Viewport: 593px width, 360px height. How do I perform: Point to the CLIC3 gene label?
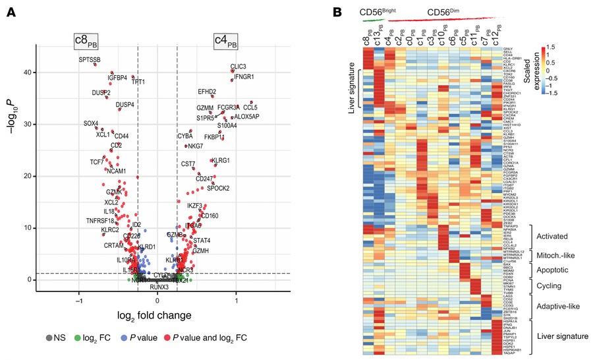(x=238, y=67)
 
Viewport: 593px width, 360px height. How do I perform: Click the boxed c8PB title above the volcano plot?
(x=86, y=42)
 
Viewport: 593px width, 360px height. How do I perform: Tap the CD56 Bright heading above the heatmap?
(x=377, y=12)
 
